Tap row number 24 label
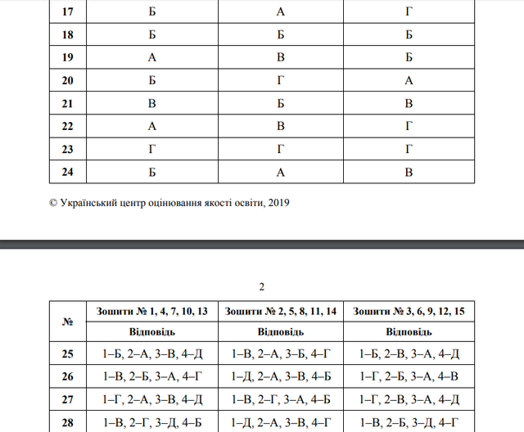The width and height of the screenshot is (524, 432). coord(68,172)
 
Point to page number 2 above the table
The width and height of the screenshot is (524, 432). coord(261,286)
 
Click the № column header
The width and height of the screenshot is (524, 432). coord(68,322)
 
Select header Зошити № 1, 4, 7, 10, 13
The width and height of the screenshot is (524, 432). coord(152,312)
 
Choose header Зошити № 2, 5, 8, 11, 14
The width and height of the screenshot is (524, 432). coord(280,312)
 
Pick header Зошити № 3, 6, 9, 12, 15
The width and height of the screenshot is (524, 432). coord(409,312)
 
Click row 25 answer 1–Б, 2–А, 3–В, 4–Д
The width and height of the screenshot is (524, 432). coord(152,354)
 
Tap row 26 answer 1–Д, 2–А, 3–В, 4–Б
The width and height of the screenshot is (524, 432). coord(280,377)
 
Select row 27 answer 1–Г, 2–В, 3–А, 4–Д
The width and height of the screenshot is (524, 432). coord(409,400)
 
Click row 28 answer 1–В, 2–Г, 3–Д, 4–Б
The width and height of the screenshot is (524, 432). coord(152,422)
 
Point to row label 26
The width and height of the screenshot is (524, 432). coord(68,377)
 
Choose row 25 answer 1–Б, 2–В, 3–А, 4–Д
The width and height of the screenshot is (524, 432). coord(409,354)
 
